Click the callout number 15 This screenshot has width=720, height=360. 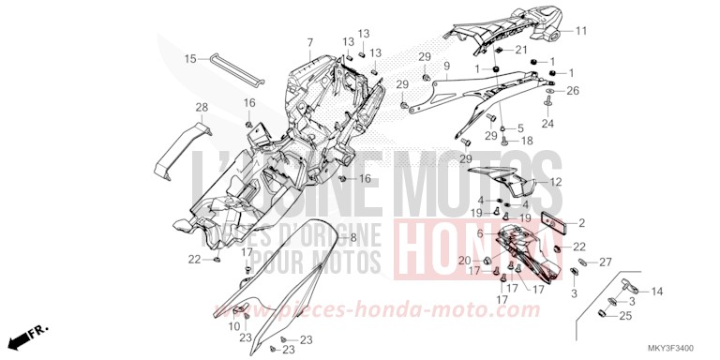189,59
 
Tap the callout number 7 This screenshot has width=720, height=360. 308,43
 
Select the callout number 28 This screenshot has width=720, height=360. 202,107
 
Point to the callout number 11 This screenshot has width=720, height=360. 580,31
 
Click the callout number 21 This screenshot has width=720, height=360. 521,50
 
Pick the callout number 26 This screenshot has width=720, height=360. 573,91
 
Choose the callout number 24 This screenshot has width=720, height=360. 547,123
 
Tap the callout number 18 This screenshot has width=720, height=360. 527,141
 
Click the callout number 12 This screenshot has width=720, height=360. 581,182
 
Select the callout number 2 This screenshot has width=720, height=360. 581,223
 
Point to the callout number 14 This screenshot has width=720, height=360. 656,292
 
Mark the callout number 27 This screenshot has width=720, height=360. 606,262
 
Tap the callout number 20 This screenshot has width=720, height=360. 463,260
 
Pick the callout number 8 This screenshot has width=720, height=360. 353,239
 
